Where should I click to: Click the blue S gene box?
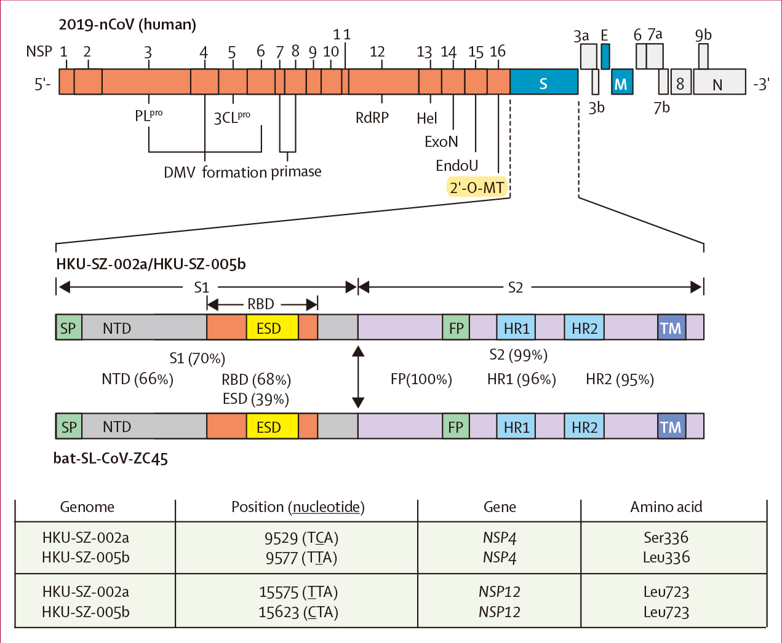(x=544, y=82)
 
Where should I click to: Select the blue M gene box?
(x=622, y=82)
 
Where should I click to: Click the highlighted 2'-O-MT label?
(x=477, y=187)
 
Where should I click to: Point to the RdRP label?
(x=372, y=117)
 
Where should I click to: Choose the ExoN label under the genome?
(x=441, y=142)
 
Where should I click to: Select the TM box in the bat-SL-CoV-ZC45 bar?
(x=671, y=427)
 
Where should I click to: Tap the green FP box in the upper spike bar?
(x=456, y=328)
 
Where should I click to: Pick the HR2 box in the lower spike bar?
(x=585, y=427)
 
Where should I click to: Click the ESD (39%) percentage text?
(x=256, y=399)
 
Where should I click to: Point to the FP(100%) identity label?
(x=421, y=379)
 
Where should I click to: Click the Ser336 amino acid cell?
(x=666, y=538)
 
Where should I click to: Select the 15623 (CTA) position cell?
(x=298, y=612)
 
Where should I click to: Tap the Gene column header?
(x=500, y=507)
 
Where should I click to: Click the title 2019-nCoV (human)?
(x=127, y=25)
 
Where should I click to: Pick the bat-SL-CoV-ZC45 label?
(x=111, y=459)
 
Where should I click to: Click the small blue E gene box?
(x=605, y=56)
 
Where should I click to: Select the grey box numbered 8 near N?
(x=680, y=82)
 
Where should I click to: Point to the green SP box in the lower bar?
(x=68, y=427)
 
